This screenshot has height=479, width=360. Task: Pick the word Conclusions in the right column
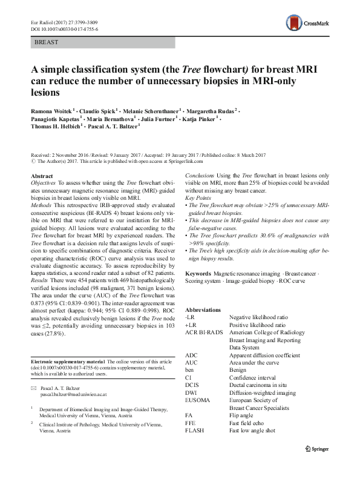(201, 175)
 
